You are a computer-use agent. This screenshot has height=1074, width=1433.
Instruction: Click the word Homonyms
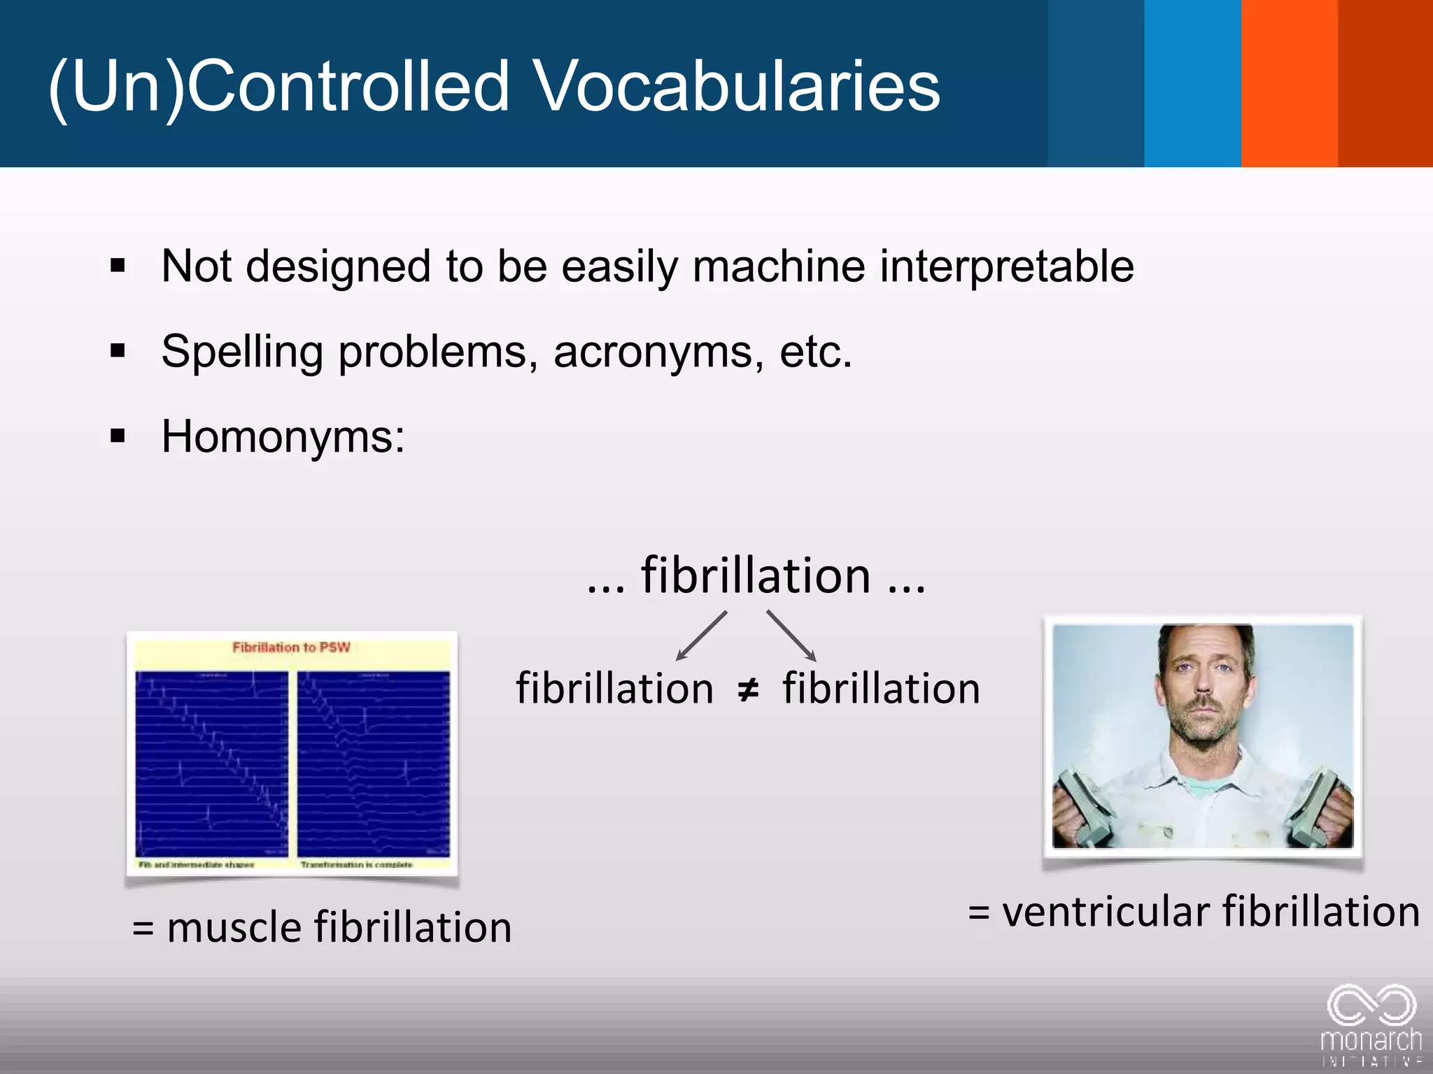click(283, 437)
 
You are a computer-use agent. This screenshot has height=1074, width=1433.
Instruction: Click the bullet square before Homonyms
click(118, 437)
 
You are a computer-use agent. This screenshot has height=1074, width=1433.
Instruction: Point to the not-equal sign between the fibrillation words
click(748, 690)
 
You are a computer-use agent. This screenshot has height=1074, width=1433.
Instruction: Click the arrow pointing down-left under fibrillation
click(700, 636)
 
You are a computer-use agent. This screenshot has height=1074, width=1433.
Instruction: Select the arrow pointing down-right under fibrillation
click(792, 636)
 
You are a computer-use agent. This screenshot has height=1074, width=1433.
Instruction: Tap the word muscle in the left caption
click(234, 928)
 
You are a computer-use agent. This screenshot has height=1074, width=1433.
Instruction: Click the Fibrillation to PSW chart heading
click(291, 647)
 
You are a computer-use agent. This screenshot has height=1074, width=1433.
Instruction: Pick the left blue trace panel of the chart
click(211, 764)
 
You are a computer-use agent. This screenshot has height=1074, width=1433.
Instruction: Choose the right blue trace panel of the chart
click(374, 764)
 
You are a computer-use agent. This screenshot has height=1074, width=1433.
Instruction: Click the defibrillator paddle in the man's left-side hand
click(1081, 804)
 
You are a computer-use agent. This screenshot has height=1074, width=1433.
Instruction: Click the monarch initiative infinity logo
click(1371, 1007)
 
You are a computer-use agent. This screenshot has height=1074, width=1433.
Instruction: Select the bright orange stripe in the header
click(1289, 83)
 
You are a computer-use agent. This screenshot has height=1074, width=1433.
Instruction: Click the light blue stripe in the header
click(1192, 83)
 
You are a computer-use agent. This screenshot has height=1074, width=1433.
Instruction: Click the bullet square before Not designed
click(118, 266)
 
